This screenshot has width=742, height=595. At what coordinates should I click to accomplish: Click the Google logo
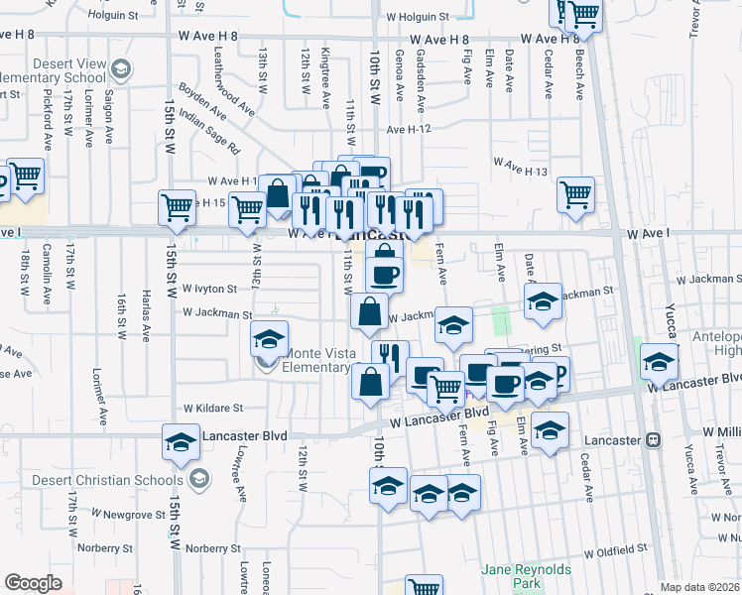click(33, 583)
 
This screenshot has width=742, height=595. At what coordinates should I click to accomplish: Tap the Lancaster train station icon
click(653, 438)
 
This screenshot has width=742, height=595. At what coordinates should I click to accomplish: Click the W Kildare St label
click(212, 408)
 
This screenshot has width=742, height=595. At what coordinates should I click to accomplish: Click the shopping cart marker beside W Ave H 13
click(575, 194)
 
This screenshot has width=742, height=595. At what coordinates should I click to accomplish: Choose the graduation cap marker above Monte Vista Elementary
click(268, 338)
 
